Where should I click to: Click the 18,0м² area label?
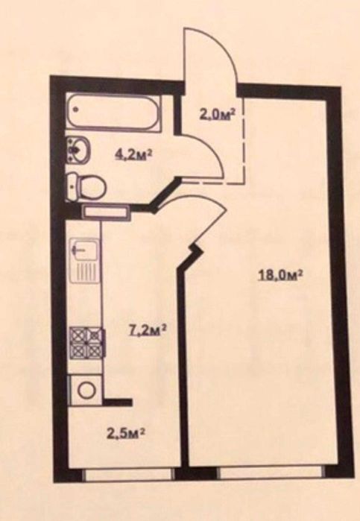tap(280, 275)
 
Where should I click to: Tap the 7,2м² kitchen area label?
tap(147, 331)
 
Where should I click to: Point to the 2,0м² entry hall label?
tap(217, 115)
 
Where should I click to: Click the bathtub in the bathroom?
tap(113, 114)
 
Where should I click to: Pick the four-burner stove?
tap(87, 341)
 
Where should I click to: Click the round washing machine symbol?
tap(86, 389)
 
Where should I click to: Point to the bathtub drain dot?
tap(76, 109)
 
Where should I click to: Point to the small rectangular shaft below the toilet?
tap(105, 212)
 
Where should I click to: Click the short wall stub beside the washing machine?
tap(118, 402)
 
